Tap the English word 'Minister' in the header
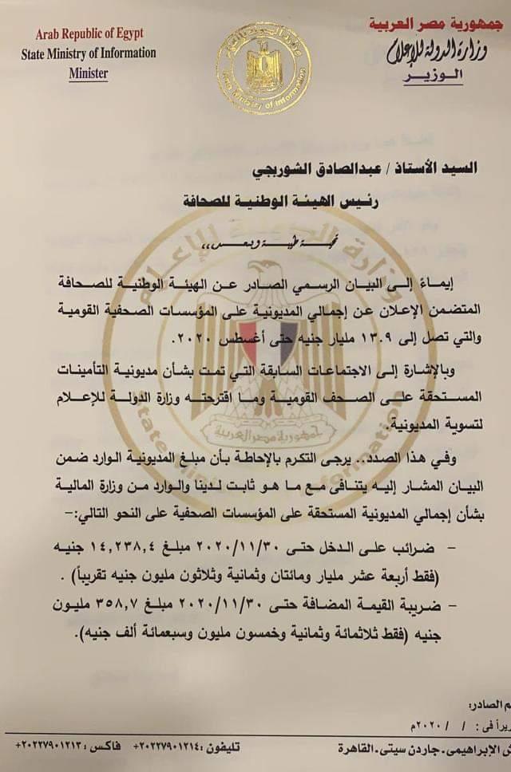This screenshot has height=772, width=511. [88, 73]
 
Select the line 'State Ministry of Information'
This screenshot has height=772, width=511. [89, 54]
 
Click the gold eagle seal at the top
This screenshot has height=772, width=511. [264, 68]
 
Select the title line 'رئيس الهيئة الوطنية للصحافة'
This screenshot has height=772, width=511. [294, 201]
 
